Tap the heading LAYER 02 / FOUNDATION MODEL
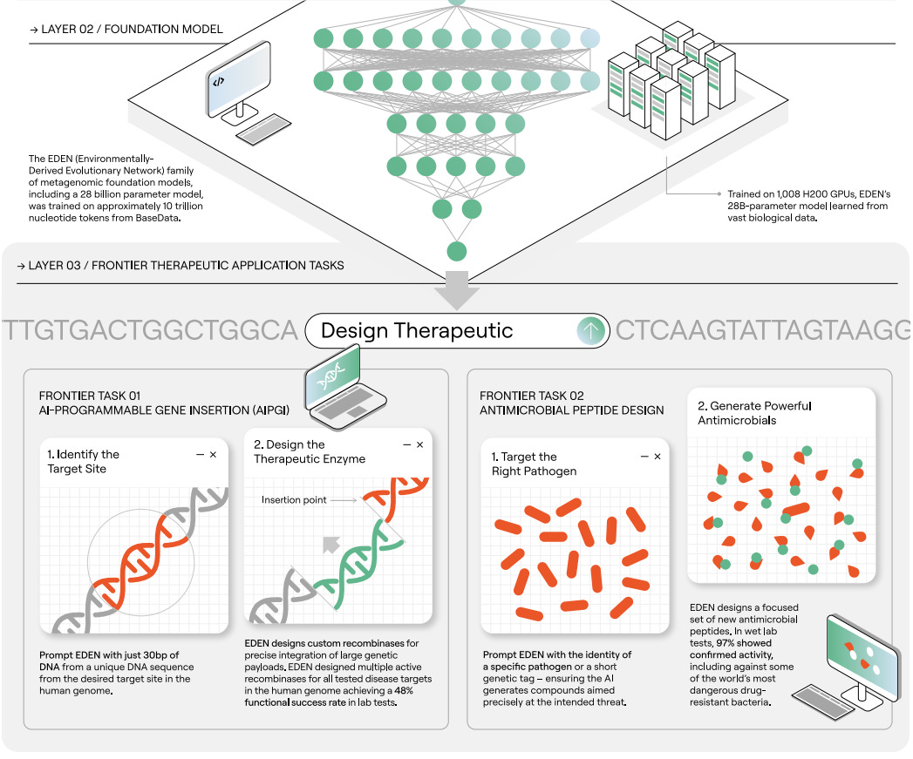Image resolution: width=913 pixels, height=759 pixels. (x=126, y=29)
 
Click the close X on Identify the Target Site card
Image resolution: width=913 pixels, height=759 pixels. (x=213, y=455)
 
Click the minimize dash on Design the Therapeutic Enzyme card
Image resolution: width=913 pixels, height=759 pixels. (x=405, y=445)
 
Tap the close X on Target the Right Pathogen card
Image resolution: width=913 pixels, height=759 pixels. (x=657, y=457)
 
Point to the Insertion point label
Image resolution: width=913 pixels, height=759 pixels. (x=295, y=500)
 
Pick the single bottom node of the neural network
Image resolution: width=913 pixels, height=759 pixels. (x=456, y=252)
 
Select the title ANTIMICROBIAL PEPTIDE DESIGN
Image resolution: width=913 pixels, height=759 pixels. (x=571, y=410)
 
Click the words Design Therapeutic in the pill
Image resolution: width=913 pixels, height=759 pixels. (x=417, y=331)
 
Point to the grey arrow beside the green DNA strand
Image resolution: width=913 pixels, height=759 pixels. (x=330, y=545)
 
